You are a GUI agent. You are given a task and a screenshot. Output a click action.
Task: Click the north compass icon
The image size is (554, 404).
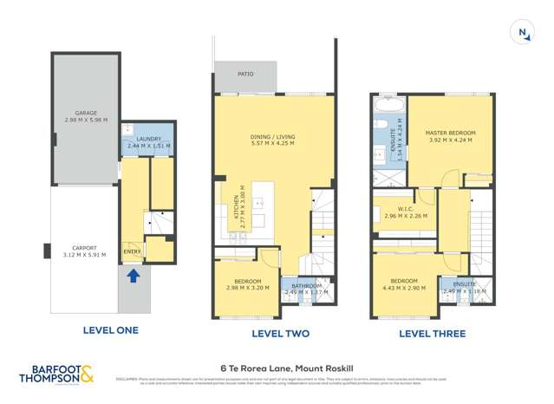(523, 33)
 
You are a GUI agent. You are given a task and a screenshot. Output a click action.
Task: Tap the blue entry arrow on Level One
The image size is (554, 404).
(133, 276)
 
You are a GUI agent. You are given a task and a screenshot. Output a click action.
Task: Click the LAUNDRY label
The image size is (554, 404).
(147, 140)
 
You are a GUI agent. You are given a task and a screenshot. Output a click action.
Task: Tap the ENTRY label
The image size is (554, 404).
(133, 251)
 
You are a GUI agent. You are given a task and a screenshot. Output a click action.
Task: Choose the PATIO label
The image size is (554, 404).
(245, 75)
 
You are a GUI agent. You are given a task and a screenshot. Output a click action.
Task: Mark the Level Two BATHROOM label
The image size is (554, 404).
(306, 286)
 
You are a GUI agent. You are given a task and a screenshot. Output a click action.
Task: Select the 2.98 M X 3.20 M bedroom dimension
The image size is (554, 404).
(248, 288)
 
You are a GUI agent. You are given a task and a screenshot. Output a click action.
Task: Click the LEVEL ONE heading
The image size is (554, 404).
(110, 330)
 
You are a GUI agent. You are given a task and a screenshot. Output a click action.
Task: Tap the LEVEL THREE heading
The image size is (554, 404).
(432, 334)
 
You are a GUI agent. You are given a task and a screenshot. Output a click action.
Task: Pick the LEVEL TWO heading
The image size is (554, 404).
(280, 334)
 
